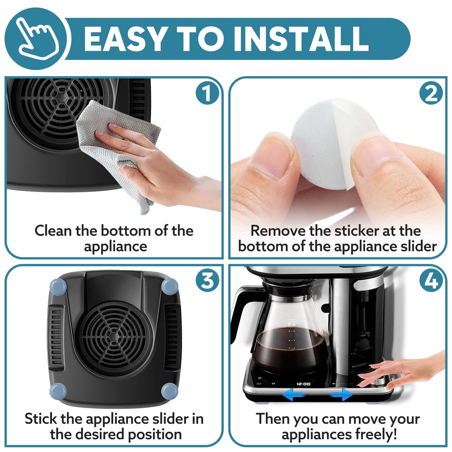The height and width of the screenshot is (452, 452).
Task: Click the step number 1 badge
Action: click(207, 93)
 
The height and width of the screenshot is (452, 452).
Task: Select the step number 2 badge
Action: click(431, 93)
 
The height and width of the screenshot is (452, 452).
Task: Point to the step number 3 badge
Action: click(207, 280)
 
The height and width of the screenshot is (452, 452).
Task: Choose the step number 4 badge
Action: click(431, 280)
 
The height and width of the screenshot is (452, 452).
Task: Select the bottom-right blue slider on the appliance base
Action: click(170, 390)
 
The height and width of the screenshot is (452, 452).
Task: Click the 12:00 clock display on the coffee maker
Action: click(303, 384)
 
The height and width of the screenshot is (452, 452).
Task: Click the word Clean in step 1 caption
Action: click(53, 231)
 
